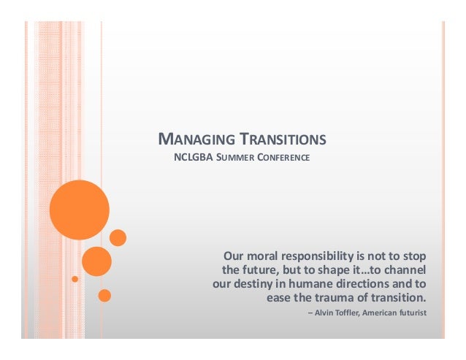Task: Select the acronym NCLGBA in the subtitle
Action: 190,157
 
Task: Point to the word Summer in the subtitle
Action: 233,157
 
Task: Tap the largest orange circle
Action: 79,210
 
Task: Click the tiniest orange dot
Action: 75,279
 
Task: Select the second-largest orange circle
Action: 96,261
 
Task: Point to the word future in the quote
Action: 256,270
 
